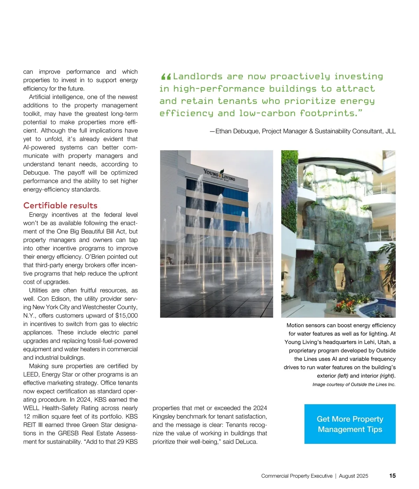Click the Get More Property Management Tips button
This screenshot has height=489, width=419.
[x=350, y=424]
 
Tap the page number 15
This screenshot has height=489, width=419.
[x=392, y=476]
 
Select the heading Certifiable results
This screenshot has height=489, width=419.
[x=60, y=205]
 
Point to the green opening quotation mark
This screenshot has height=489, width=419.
[x=166, y=77]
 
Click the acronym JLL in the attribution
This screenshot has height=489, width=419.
[x=390, y=131]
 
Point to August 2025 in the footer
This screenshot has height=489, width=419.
[x=353, y=476]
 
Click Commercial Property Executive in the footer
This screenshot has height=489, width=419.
[x=297, y=476]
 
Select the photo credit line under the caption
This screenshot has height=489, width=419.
[x=354, y=385]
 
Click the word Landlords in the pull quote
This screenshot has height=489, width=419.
[x=198, y=76]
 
